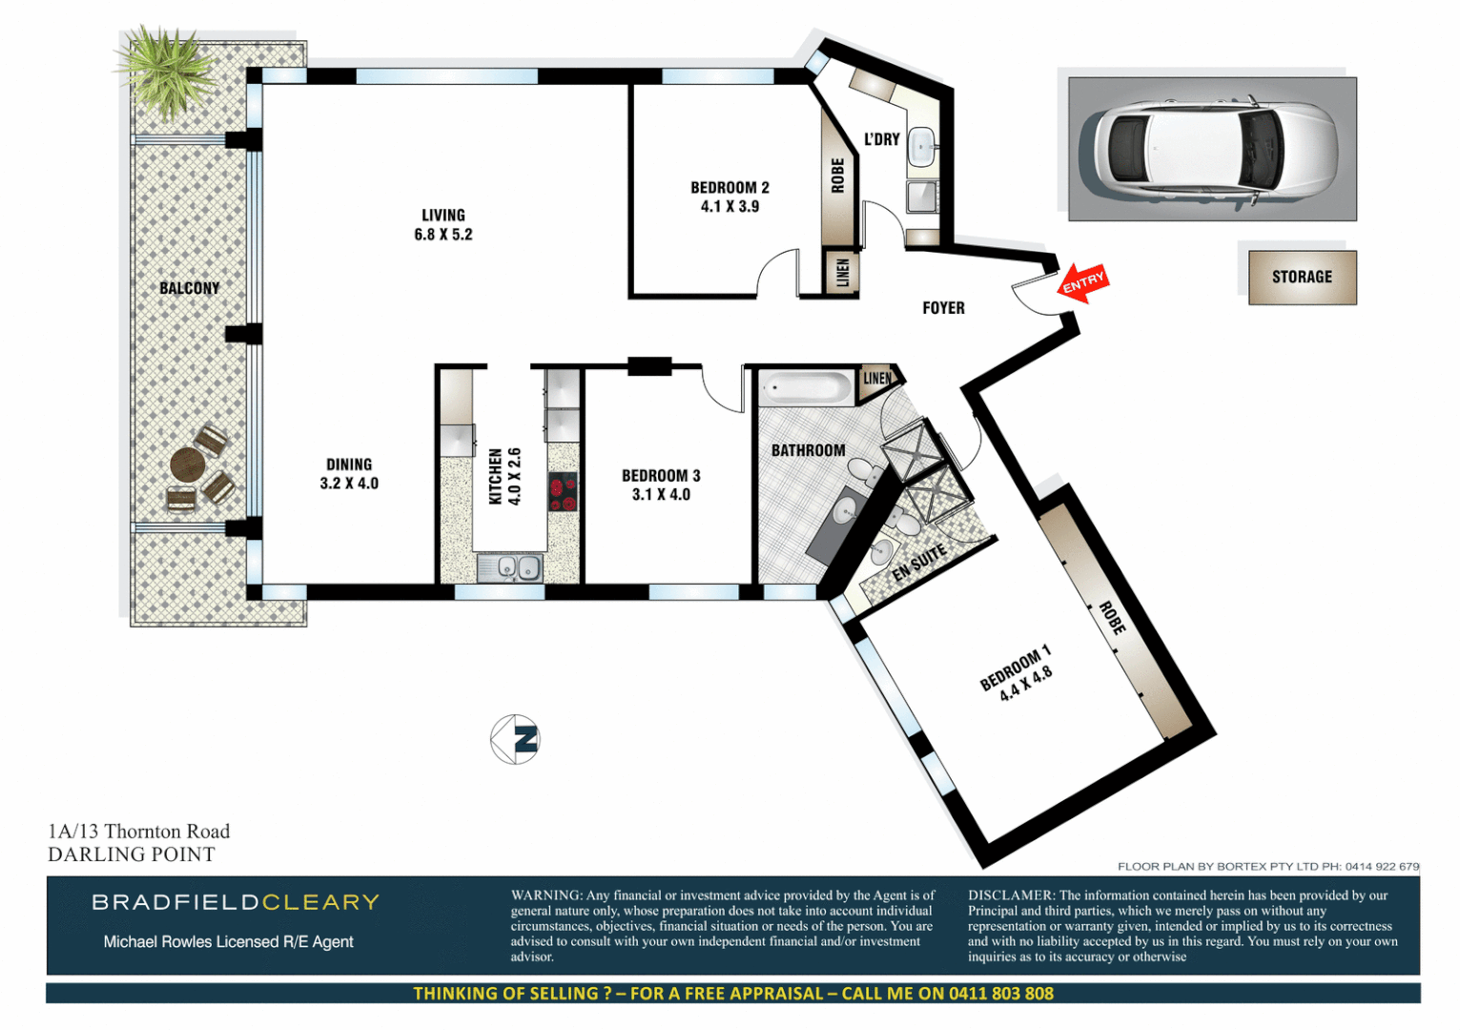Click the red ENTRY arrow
click(1082, 283)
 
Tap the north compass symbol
click(516, 739)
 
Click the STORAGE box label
click(1302, 277)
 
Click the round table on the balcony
click(188, 465)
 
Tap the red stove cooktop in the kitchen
click(563, 492)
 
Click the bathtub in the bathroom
click(806, 388)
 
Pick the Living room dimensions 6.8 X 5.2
click(443, 235)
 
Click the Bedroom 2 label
click(730, 188)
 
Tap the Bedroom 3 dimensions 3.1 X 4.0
click(661, 494)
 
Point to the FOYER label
click(943, 308)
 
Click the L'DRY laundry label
click(881, 139)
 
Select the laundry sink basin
click(921, 146)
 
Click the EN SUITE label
click(918, 563)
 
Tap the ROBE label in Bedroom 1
click(1112, 618)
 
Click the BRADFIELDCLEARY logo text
click(236, 902)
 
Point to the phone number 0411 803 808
click(1000, 993)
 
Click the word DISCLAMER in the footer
click(1010, 896)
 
